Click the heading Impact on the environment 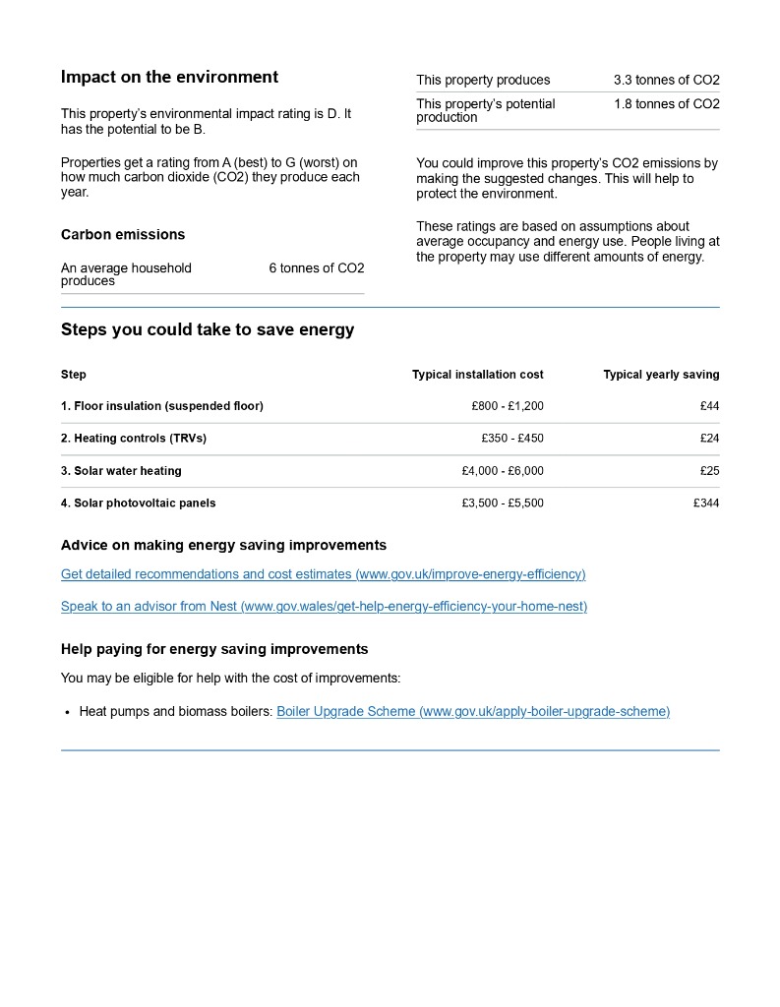(169, 78)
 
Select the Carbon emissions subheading (123, 235)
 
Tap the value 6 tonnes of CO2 (316, 268)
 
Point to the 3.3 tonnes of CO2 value (666, 81)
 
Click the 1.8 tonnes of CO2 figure (666, 104)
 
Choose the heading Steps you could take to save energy (208, 330)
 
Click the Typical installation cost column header (477, 375)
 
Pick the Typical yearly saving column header (661, 375)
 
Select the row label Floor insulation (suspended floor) (162, 406)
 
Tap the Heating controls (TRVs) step (134, 439)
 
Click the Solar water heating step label (121, 471)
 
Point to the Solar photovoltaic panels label (138, 503)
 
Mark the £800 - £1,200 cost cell (508, 406)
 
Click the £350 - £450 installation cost (512, 439)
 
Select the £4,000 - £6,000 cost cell (503, 471)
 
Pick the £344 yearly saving (706, 503)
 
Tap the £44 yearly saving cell (709, 406)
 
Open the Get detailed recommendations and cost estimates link (323, 574)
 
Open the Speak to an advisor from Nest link (324, 607)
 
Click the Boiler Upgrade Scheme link (473, 712)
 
